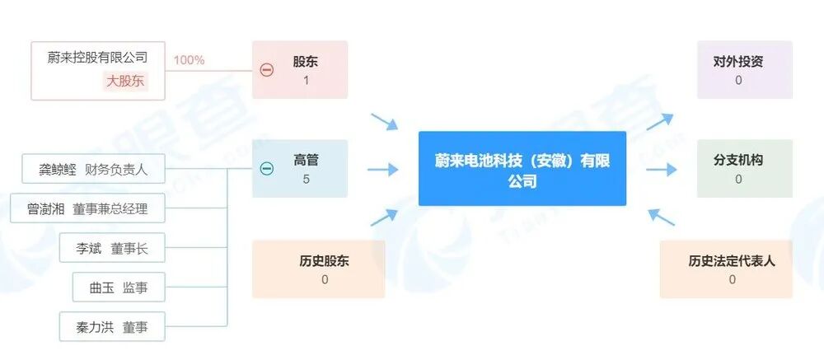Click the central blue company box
[522, 168]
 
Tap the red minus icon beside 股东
[266, 70]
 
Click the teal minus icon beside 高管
[266, 169]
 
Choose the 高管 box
[305, 169]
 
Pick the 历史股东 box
[318, 269]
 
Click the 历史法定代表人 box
[726, 269]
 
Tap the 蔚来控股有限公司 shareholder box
[97, 70]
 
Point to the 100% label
[189, 60]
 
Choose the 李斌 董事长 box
[112, 248]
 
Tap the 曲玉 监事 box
[112, 288]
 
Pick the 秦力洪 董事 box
[112, 326]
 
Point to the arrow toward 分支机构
[661, 170]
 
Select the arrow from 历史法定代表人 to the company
[661, 217]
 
